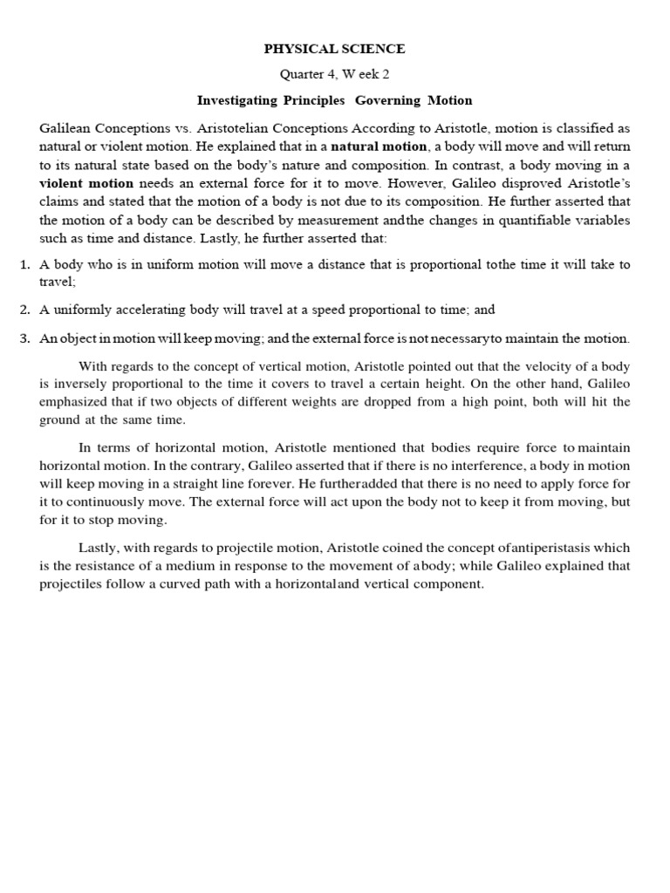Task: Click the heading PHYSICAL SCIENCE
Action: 336,49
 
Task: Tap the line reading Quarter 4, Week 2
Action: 336,74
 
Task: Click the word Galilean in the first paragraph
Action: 66,128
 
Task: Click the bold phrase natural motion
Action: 379,147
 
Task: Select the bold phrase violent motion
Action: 86,183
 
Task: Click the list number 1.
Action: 24,264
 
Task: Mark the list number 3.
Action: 24,338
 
